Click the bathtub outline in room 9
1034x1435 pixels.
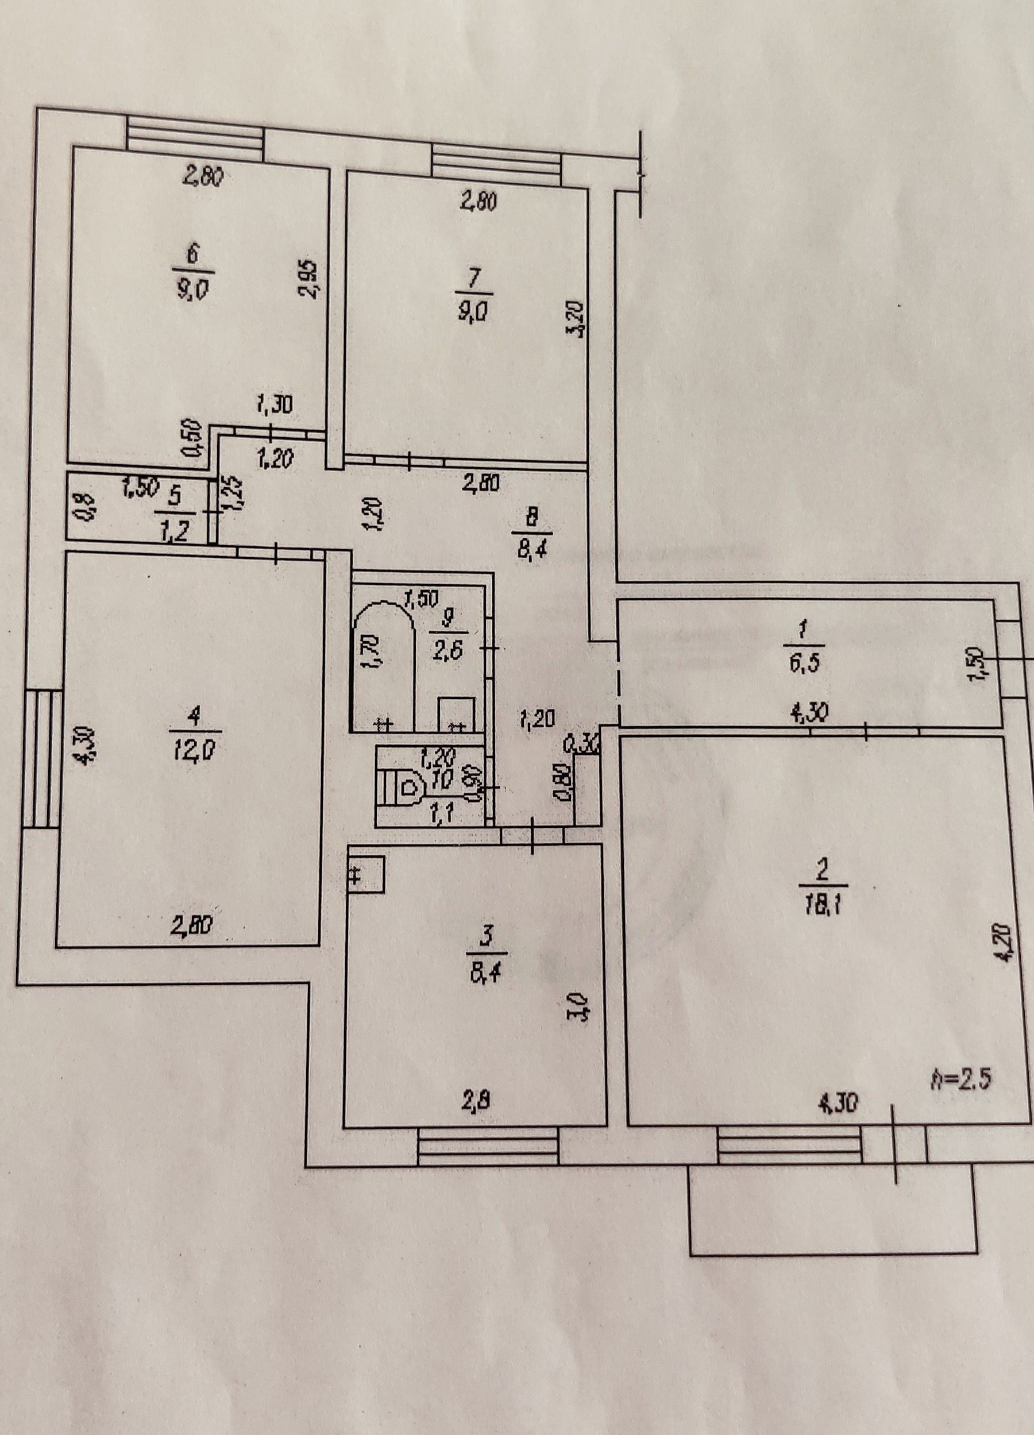pyautogui.click(x=382, y=666)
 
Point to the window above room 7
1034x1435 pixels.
pyautogui.click(x=497, y=164)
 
